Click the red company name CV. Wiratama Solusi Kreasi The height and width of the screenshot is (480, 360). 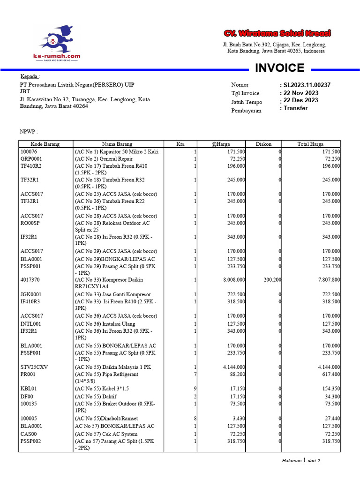point(277,33)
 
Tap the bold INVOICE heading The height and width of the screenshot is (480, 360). point(279,68)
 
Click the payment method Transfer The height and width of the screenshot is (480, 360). point(294,108)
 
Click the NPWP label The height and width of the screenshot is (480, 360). point(28,132)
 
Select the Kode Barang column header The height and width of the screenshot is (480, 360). point(45,144)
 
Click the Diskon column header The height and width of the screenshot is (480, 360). point(263,144)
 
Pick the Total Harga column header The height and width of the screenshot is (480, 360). point(310,144)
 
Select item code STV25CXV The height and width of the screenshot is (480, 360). point(33,367)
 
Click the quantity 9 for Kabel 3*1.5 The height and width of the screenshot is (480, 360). point(195,389)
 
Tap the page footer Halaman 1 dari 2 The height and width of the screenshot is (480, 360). point(301,460)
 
